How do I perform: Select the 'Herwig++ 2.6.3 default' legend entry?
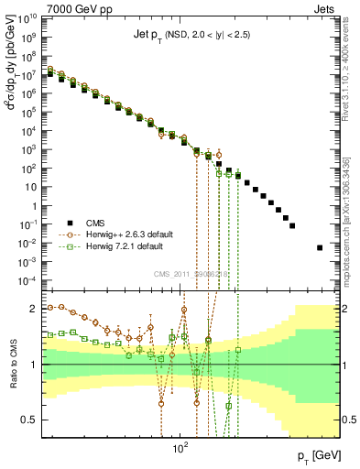tap(127, 259)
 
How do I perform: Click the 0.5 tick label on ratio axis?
tap(30, 420)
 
